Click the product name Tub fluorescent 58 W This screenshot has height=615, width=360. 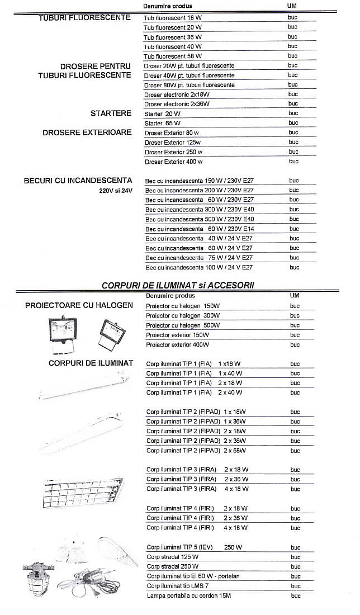(173, 56)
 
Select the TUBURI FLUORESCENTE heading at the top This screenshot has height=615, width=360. (84, 18)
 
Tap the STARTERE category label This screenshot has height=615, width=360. (111, 113)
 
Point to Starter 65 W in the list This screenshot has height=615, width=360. (163, 123)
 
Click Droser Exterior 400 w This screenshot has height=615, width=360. (173, 162)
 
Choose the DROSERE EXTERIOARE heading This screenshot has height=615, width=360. (87, 133)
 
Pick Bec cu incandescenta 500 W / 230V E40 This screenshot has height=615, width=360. (200, 219)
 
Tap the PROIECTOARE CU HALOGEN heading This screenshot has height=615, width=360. (79, 305)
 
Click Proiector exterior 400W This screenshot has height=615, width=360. (177, 344)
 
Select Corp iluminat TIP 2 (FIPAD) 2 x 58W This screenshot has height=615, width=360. (196, 451)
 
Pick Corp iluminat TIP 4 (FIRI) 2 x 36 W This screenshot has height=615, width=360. (197, 518)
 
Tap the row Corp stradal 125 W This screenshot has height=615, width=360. (172, 557)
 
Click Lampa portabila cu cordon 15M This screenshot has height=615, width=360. (188, 596)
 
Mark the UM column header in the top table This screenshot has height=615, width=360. (291, 5)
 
